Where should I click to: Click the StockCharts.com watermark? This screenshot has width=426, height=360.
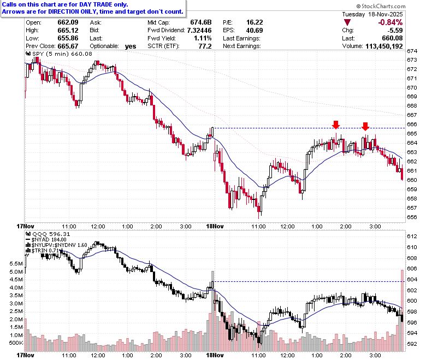pyautogui.click(x=381, y=6)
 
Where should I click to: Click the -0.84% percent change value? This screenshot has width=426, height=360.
pyautogui.click(x=390, y=22)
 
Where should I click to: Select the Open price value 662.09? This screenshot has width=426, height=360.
pyautogui.click(x=68, y=22)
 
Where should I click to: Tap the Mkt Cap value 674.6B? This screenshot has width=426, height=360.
pyautogui.click(x=201, y=22)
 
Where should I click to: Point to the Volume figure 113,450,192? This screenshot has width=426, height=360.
pyautogui.click(x=384, y=46)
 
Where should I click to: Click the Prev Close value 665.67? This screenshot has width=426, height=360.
pyautogui.click(x=68, y=46)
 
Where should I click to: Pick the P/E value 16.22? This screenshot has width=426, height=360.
pyautogui.click(x=255, y=22)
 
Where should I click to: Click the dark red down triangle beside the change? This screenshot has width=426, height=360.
pyautogui.click(x=347, y=22)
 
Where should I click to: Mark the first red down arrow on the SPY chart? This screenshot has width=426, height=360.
pyautogui.click(x=336, y=125)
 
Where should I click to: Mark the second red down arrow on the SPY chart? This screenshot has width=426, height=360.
pyautogui.click(x=365, y=126)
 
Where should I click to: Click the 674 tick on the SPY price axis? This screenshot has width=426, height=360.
pyautogui.click(x=412, y=51)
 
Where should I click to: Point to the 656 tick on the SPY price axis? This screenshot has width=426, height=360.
pyautogui.click(x=412, y=217)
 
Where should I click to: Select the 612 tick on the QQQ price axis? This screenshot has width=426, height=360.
pyautogui.click(x=412, y=237)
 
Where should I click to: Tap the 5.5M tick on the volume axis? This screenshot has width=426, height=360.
pyautogui.click(x=16, y=263)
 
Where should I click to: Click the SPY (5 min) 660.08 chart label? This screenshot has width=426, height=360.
pyautogui.click(x=59, y=54)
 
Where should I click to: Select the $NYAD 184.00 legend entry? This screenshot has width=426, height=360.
pyautogui.click(x=46, y=240)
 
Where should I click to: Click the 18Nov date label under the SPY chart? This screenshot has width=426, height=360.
pyautogui.click(x=215, y=226)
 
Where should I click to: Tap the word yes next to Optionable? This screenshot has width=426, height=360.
pyautogui.click(x=131, y=46)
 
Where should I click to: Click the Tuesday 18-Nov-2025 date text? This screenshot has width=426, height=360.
pyautogui.click(x=372, y=14)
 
